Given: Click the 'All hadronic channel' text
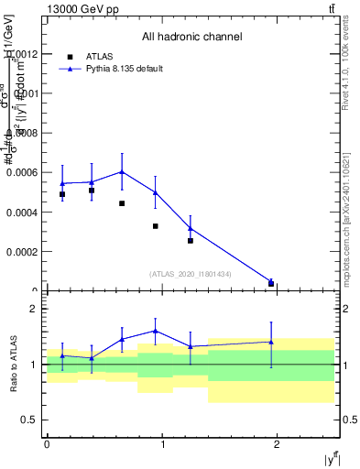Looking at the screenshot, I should point(191,38).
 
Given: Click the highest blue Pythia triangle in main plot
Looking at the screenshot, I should point(122,171).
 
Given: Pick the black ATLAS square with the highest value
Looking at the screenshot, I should point(92,191).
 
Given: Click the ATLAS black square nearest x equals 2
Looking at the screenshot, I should point(271,284).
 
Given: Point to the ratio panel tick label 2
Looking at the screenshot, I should point(33,309).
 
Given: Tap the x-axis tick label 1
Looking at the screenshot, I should point(162,444).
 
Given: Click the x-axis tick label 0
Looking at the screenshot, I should point(47,444).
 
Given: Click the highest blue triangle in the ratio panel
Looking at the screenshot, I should point(156,331).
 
